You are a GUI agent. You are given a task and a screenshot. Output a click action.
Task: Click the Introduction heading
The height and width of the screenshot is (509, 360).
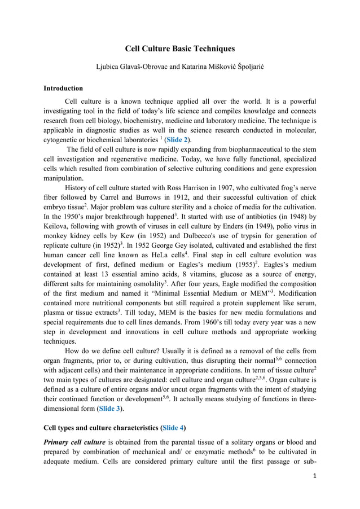(63, 88)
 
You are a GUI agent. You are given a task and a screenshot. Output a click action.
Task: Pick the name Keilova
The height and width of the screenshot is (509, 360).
(57, 227)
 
